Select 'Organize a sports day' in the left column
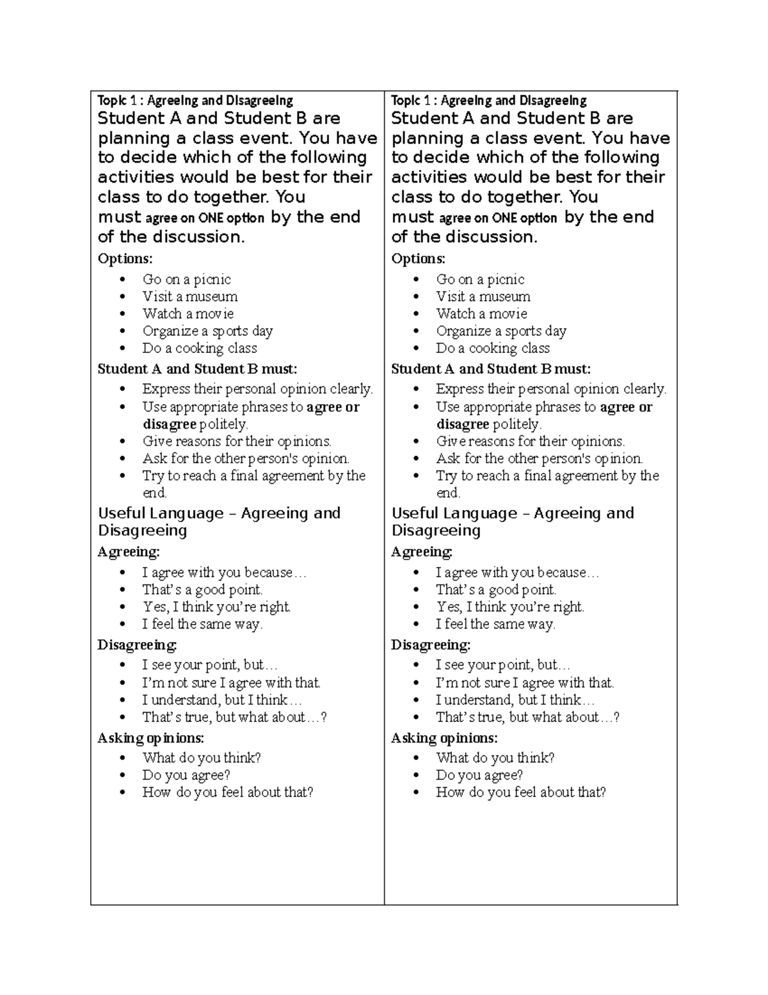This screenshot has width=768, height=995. tap(207, 331)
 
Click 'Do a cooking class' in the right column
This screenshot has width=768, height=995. tap(493, 349)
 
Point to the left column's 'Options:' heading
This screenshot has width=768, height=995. tap(125, 259)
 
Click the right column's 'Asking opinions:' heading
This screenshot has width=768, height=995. tap(444, 738)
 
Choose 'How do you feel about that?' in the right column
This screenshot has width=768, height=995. tap(520, 793)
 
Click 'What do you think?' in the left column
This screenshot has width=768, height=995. tap(202, 758)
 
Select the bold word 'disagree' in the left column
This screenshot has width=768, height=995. tap(169, 424)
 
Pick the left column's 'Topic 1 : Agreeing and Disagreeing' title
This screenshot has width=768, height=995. tap(195, 101)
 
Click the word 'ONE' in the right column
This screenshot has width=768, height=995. tap(504, 218)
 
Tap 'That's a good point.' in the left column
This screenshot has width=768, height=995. tap(202, 590)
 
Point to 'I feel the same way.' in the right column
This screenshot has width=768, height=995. tap(495, 625)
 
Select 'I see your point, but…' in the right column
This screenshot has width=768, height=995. tap(503, 665)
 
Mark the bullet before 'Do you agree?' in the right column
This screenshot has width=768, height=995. tap(417, 775)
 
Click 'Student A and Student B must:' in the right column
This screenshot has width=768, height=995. tap(491, 369)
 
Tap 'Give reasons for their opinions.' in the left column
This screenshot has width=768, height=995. tap(237, 441)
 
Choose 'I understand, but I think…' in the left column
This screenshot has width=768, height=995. tap(221, 700)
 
